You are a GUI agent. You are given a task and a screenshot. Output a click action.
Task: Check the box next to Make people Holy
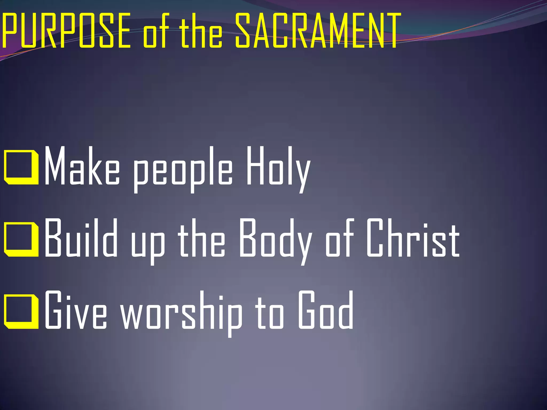click(21, 168)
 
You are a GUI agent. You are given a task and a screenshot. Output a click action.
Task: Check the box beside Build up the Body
click(21, 239)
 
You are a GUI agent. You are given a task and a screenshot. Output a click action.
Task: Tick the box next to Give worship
click(21, 312)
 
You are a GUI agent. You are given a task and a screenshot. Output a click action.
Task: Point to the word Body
click(275, 240)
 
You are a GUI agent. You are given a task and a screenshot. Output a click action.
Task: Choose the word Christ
click(413, 238)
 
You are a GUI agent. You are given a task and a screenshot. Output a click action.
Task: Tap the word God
click(326, 310)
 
